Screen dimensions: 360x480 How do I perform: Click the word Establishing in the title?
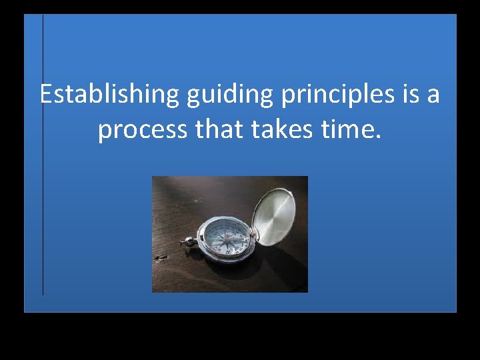109,95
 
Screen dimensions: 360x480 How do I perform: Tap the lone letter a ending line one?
433,96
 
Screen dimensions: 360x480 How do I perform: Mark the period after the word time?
379,137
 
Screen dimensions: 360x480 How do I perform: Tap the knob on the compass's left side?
189,241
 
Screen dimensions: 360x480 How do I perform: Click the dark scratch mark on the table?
160,257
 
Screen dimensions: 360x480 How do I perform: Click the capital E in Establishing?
46,95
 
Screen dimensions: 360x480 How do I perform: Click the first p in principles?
288,97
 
